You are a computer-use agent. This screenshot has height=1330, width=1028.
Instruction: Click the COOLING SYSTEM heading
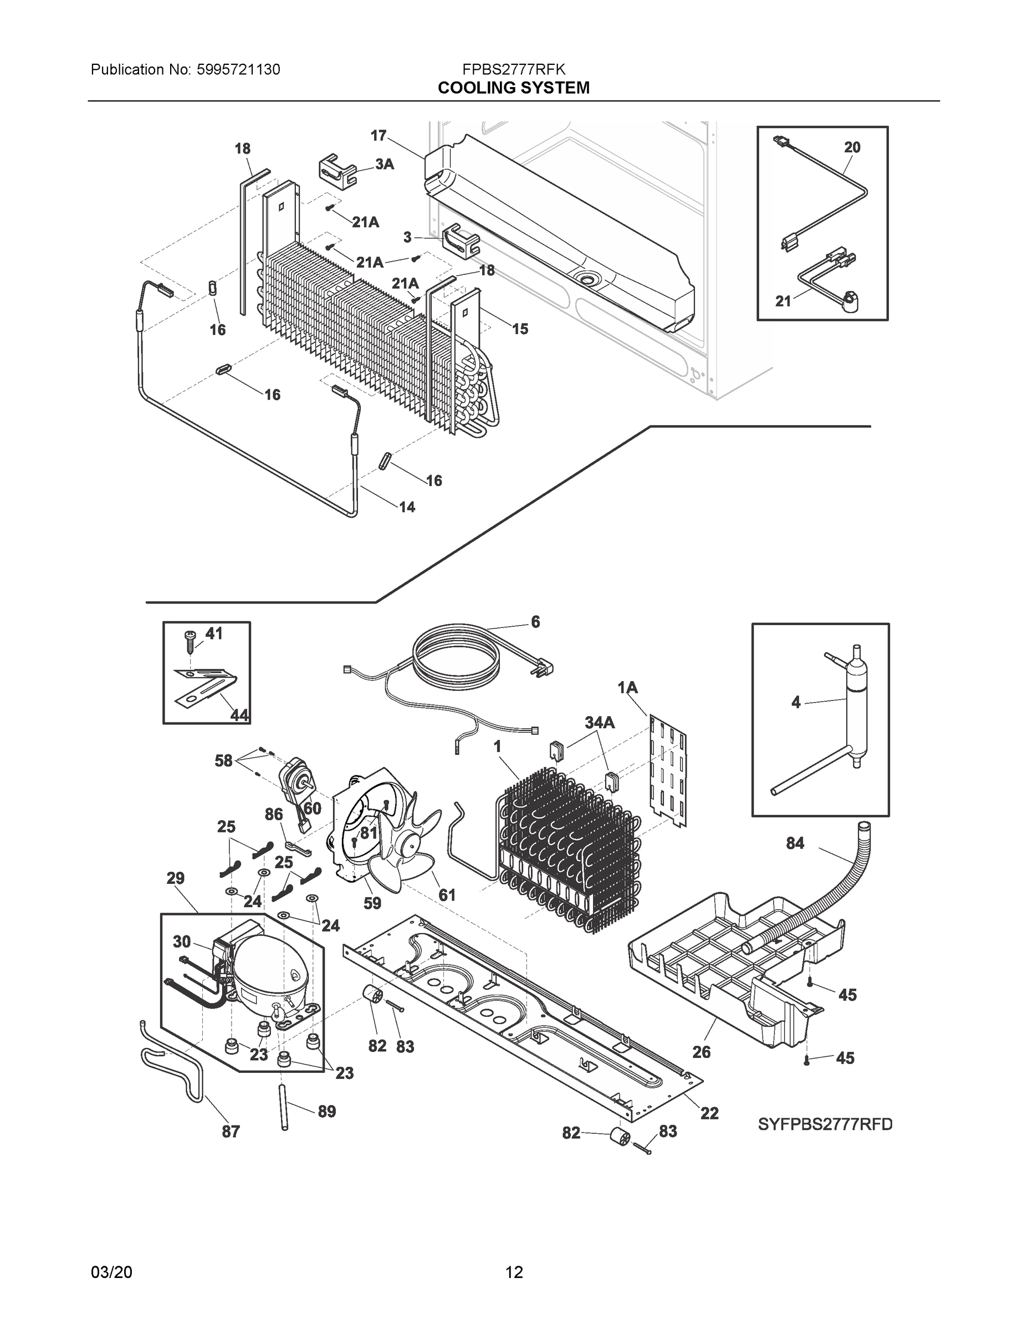513,88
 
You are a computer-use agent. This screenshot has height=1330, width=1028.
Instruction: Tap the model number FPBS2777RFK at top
513,69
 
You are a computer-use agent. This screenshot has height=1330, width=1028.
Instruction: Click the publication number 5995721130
239,69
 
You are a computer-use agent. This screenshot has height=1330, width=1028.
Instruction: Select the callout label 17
379,135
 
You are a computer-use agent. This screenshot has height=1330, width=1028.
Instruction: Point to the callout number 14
407,507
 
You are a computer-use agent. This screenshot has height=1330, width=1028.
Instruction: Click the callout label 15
519,329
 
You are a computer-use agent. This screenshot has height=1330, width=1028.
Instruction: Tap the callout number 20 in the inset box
852,147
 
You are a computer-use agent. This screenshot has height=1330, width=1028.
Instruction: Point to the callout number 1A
627,688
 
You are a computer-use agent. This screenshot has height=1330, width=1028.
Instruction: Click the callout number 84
795,843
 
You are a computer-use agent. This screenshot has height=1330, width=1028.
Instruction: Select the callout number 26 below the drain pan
702,1052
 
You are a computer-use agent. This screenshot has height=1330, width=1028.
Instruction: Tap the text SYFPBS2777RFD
825,1124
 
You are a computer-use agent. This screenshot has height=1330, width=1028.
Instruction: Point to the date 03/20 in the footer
111,1272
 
